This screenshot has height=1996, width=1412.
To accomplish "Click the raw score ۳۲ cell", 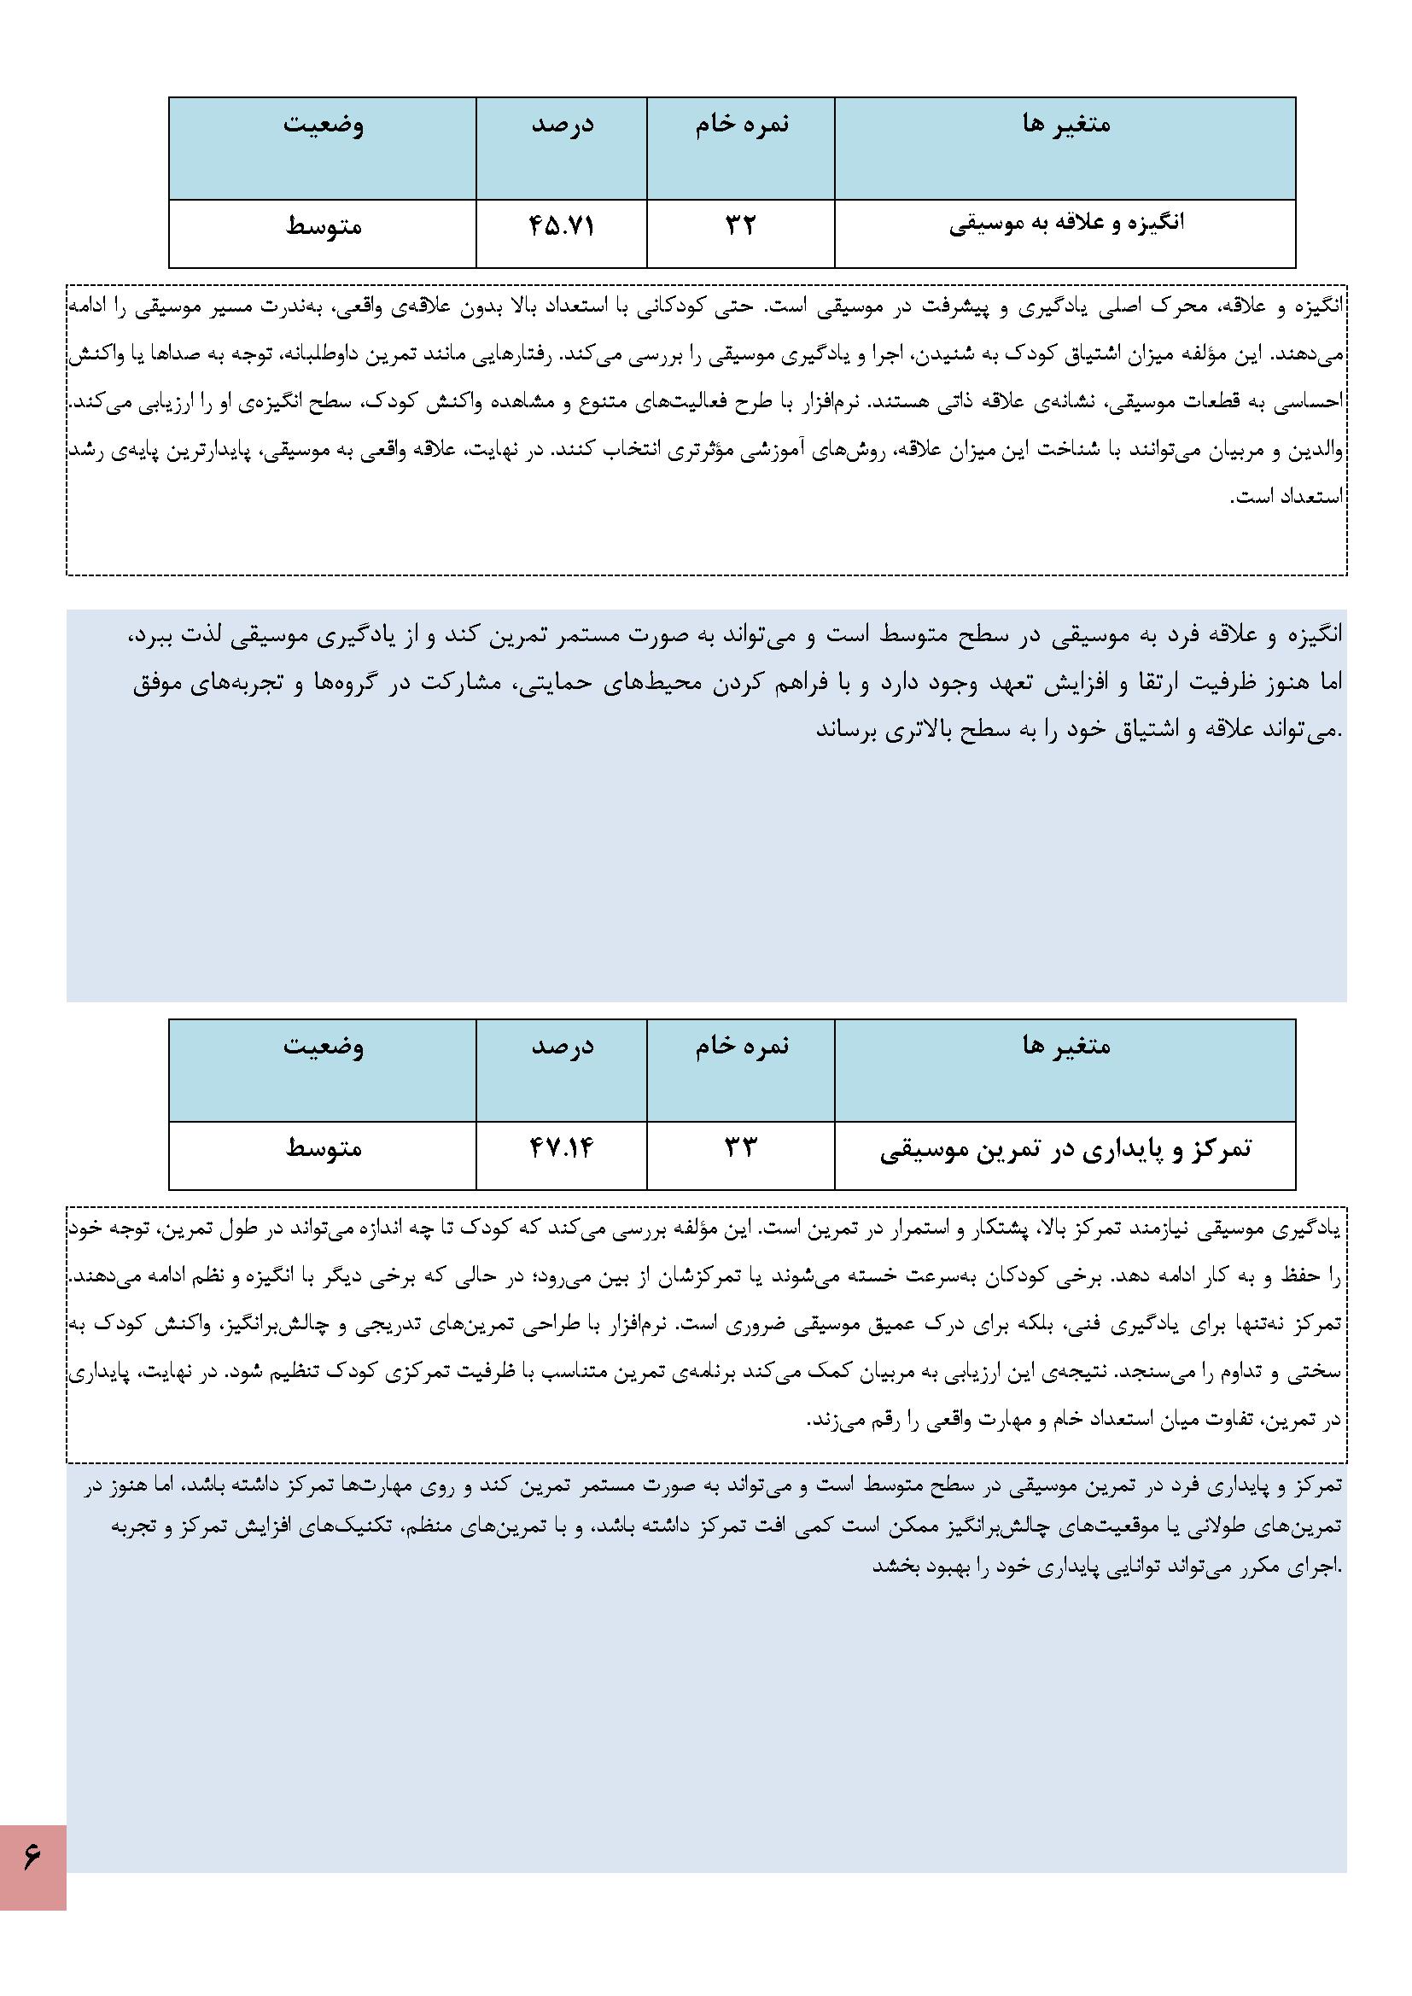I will (x=741, y=226).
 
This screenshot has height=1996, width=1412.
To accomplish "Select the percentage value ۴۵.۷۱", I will (x=562, y=226).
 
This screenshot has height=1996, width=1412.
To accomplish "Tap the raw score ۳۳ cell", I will (x=741, y=1147).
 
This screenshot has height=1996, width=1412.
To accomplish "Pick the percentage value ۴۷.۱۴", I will (x=562, y=1147).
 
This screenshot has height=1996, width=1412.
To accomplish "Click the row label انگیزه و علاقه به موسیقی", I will (x=1066, y=225).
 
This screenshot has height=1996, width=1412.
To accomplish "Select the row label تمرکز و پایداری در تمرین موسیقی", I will (x=1066, y=1149).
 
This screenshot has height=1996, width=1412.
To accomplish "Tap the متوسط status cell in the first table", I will (x=324, y=226).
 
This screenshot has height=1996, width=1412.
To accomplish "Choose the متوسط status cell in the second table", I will (x=324, y=1147).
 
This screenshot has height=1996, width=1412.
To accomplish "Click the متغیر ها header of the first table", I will (x=1066, y=125).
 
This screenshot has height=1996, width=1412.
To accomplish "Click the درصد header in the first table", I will (x=563, y=125).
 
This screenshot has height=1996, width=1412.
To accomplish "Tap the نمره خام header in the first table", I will (x=742, y=125).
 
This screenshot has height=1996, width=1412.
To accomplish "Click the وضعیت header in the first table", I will (x=324, y=125).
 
